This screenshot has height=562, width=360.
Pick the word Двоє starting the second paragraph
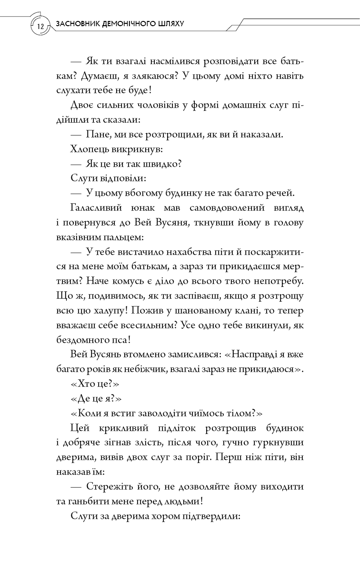coord(82,106)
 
